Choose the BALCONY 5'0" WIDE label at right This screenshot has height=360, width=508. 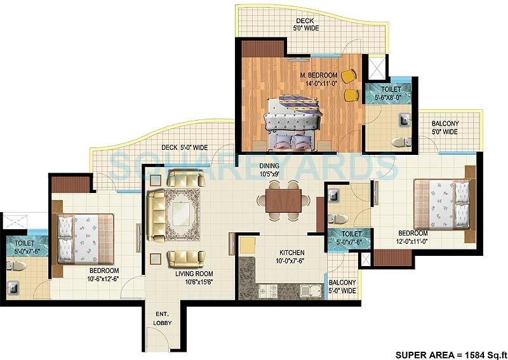click(444, 128)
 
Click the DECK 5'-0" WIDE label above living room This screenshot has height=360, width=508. click(184, 147)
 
